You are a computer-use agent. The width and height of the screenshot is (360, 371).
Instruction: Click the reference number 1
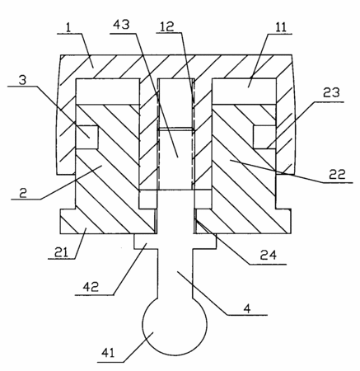[x=68, y=28]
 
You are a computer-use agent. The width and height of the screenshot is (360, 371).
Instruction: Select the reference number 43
[x=121, y=25]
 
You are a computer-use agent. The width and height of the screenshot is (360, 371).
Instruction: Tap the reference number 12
[x=167, y=26]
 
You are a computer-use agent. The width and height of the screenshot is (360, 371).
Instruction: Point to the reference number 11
[x=281, y=27]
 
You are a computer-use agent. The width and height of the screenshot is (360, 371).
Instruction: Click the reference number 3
[x=23, y=80]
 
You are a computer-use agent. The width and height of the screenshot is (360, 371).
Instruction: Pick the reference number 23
[x=331, y=93]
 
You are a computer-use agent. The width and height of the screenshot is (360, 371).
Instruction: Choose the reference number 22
[x=337, y=174]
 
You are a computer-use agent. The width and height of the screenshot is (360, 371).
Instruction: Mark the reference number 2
[x=23, y=194]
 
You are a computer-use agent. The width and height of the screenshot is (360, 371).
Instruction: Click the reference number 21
[x=61, y=252]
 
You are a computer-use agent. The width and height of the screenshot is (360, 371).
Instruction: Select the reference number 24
[x=269, y=256]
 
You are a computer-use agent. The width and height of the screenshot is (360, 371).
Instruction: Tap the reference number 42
[x=91, y=287]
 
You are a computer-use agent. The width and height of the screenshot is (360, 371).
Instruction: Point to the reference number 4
[x=247, y=309]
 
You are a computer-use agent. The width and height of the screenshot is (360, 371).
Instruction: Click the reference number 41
[x=108, y=353]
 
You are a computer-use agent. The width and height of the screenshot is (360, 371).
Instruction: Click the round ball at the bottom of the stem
[x=175, y=326]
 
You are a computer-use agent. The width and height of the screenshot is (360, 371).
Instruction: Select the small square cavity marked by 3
[x=86, y=138]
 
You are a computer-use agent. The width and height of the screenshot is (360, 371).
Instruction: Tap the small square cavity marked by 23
[x=264, y=138]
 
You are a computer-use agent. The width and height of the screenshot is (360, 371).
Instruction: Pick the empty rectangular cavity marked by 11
[x=244, y=92]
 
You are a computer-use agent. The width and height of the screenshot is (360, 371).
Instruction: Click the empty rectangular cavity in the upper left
[x=107, y=92]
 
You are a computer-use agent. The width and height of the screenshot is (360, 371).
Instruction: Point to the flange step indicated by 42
[x=146, y=242]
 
